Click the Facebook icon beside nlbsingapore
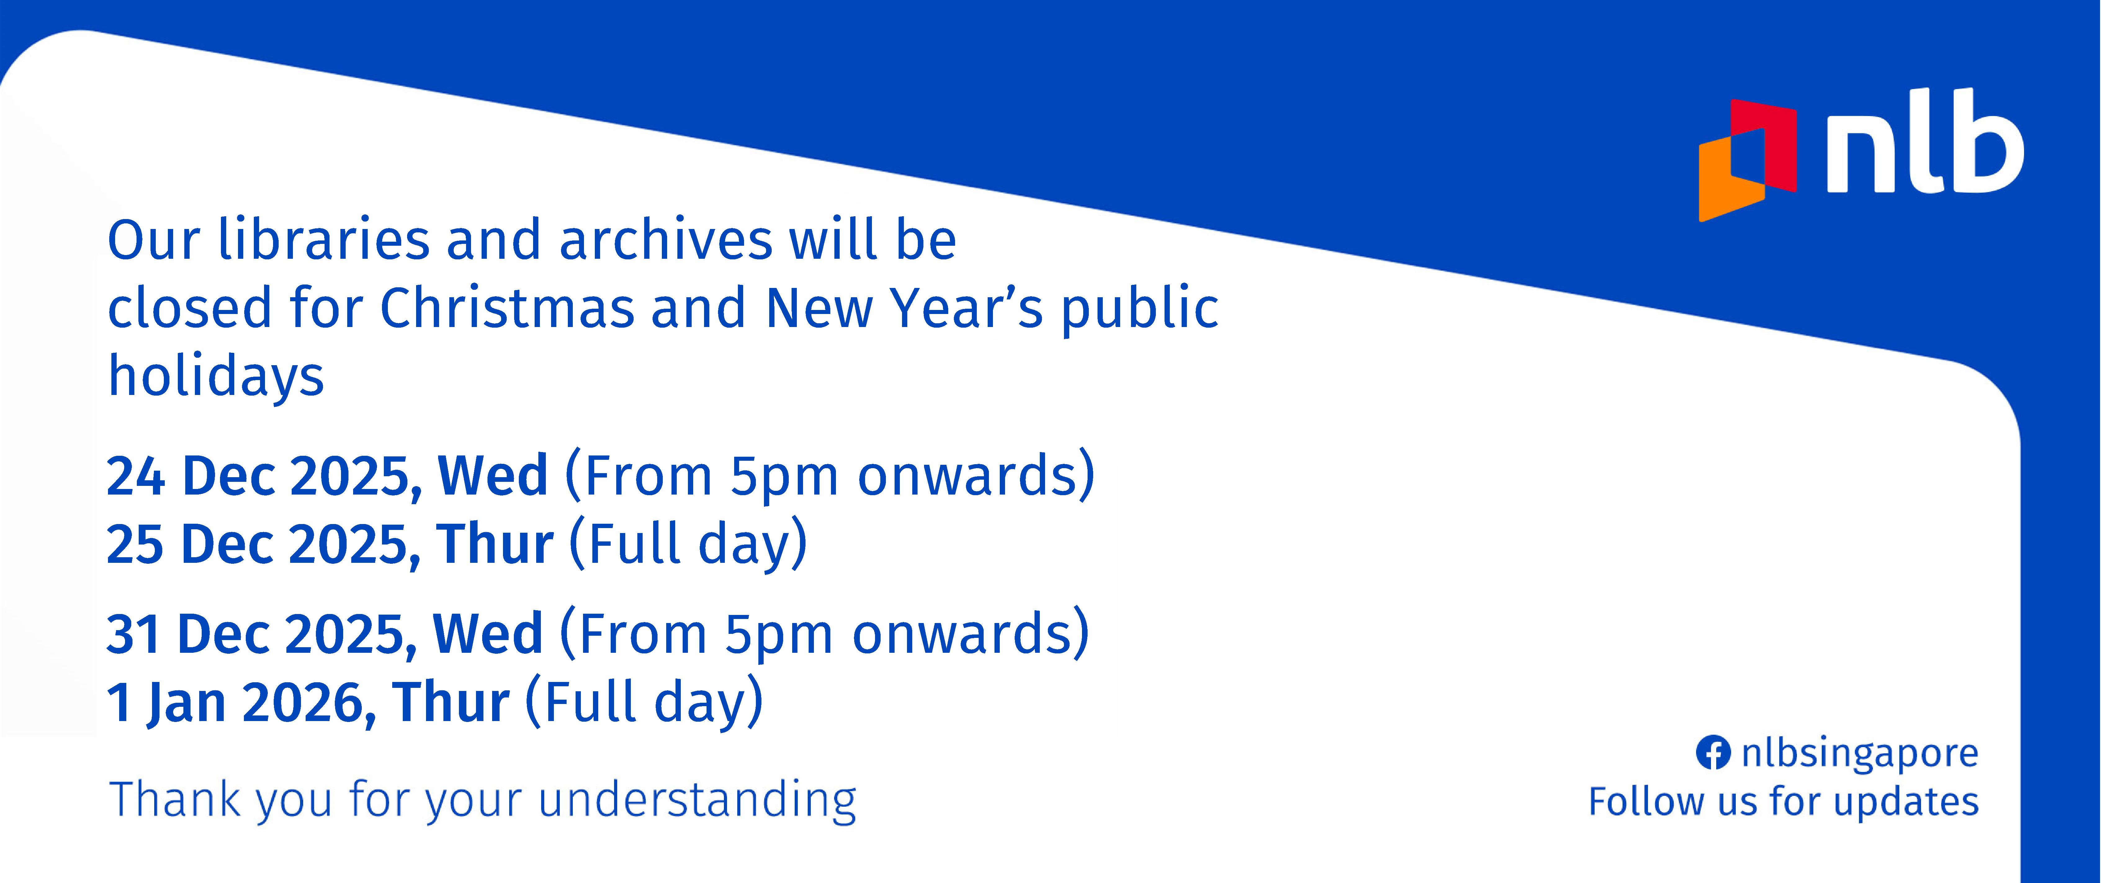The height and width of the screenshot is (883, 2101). pyautogui.click(x=1713, y=753)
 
